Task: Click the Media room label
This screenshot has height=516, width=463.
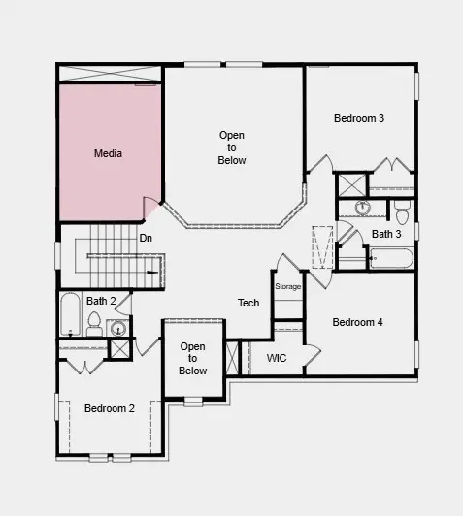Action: click(108, 153)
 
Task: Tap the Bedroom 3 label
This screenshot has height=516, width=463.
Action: click(359, 118)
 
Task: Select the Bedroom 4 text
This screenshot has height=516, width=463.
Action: click(357, 322)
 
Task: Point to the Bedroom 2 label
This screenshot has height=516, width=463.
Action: click(109, 408)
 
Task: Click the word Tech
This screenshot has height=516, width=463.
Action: click(248, 303)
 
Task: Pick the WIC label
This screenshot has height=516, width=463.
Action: click(277, 358)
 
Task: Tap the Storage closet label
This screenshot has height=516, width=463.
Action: click(288, 287)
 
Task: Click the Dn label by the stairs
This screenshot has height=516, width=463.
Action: click(146, 238)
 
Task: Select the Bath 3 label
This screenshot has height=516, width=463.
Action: click(386, 234)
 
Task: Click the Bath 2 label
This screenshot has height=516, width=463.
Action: click(101, 301)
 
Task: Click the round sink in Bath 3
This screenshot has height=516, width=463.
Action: click(363, 207)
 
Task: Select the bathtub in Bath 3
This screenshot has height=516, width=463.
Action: click(392, 258)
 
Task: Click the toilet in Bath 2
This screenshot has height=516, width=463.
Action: click(94, 328)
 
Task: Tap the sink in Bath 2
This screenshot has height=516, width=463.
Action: click(117, 327)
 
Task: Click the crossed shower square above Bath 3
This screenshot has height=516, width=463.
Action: click(349, 184)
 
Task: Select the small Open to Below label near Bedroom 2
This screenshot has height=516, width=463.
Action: click(193, 358)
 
